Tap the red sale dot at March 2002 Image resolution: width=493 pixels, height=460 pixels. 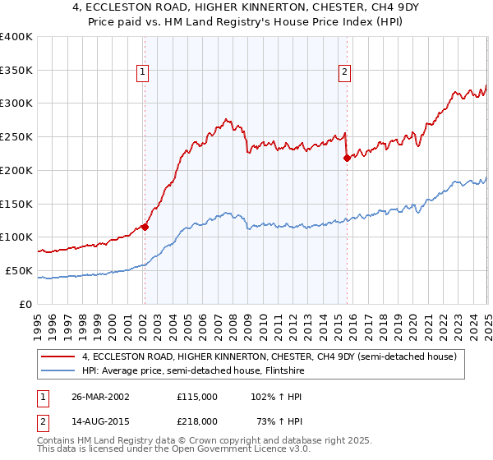pos(145,227)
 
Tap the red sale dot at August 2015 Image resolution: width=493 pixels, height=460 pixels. pos(347,158)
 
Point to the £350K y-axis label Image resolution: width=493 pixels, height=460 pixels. pos(16,70)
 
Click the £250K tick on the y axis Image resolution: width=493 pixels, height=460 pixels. pos(16,136)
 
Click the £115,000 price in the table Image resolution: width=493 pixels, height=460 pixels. pos(197,397)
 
